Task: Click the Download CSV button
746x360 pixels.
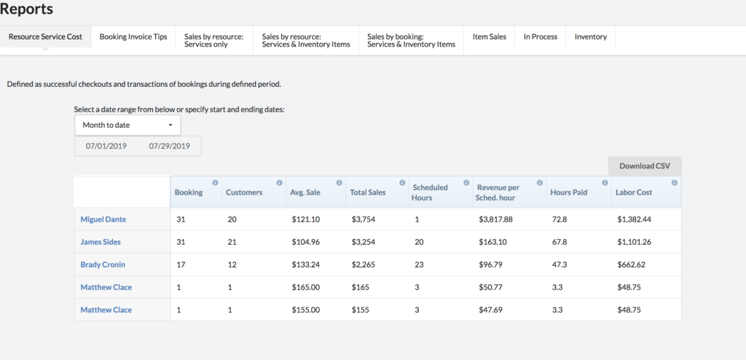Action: pos(645,166)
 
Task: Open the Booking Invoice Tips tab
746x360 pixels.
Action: pos(133,36)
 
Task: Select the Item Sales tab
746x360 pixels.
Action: pos(490,36)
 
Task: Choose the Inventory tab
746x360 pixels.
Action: pos(590,36)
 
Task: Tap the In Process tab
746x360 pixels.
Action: pos(541,36)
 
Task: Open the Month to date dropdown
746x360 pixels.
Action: pos(127,125)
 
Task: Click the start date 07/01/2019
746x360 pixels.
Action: pos(106,146)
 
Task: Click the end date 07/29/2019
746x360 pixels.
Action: pos(169,146)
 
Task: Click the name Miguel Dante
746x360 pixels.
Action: pos(103,219)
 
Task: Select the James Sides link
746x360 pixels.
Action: pos(101,242)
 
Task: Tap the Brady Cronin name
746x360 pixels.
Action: pos(103,265)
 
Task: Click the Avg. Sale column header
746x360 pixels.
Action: pos(305,192)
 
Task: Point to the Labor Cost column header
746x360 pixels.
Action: pos(634,192)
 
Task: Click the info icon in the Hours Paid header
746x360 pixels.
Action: pos(605,182)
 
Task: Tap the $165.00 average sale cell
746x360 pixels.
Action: pos(306,287)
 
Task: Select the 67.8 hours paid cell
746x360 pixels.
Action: pos(559,242)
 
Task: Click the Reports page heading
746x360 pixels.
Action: pos(27,9)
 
